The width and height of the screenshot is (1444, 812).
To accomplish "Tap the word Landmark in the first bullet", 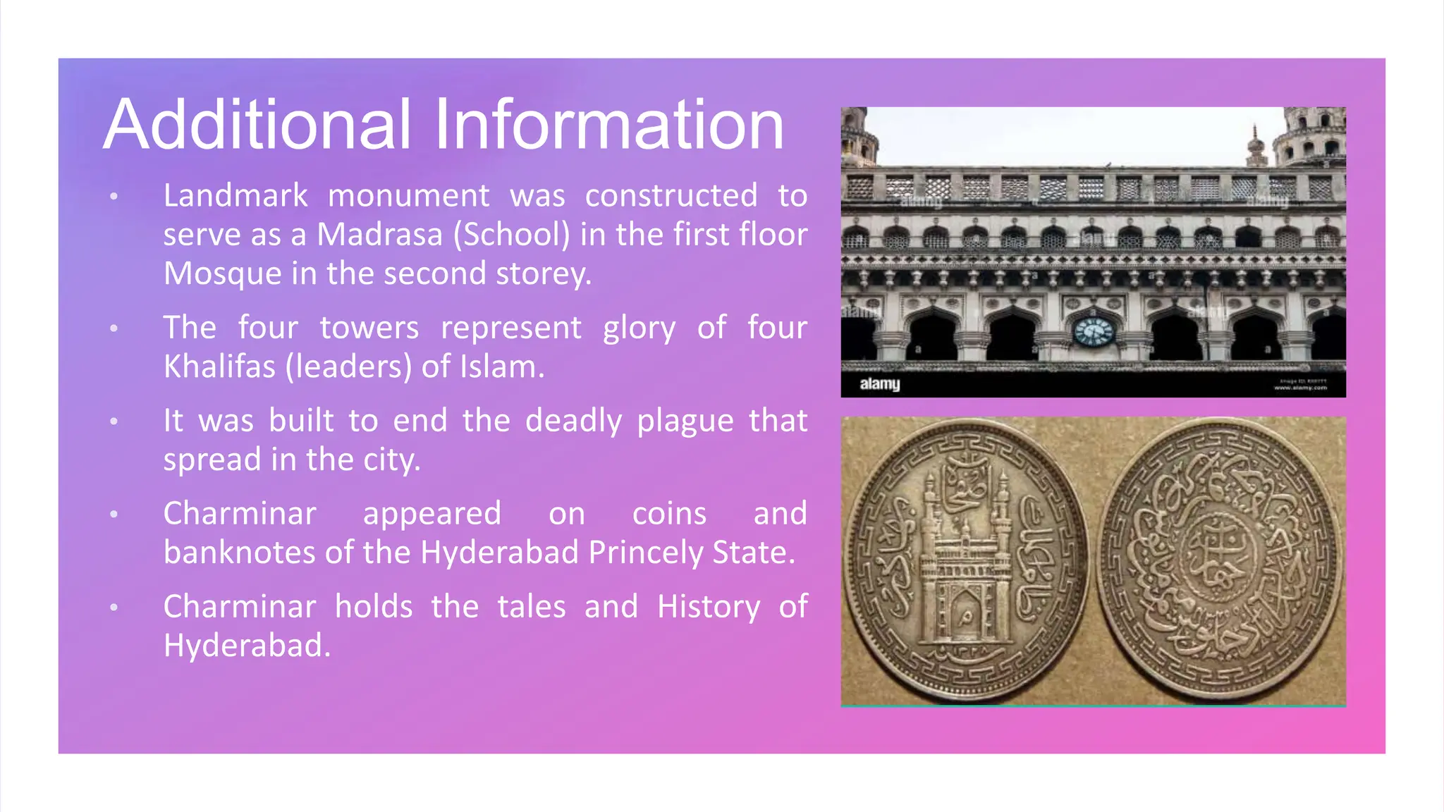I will (x=235, y=196).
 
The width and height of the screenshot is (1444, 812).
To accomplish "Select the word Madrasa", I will (x=379, y=235).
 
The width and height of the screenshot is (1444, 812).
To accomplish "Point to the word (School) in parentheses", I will (x=512, y=235).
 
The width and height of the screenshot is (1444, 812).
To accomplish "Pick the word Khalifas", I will (x=219, y=367).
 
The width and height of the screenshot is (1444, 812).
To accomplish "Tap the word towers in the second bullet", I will (x=369, y=328).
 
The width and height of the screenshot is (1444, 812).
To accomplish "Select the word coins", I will (x=669, y=514).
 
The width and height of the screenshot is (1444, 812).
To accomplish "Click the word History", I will (x=708, y=607).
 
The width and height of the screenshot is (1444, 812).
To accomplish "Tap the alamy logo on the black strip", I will (x=879, y=384).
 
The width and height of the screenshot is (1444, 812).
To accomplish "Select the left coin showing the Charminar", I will (x=965, y=560).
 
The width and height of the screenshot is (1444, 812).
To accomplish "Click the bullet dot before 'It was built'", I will (x=114, y=422).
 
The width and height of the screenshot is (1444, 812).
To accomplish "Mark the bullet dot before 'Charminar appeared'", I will (x=114, y=515).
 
